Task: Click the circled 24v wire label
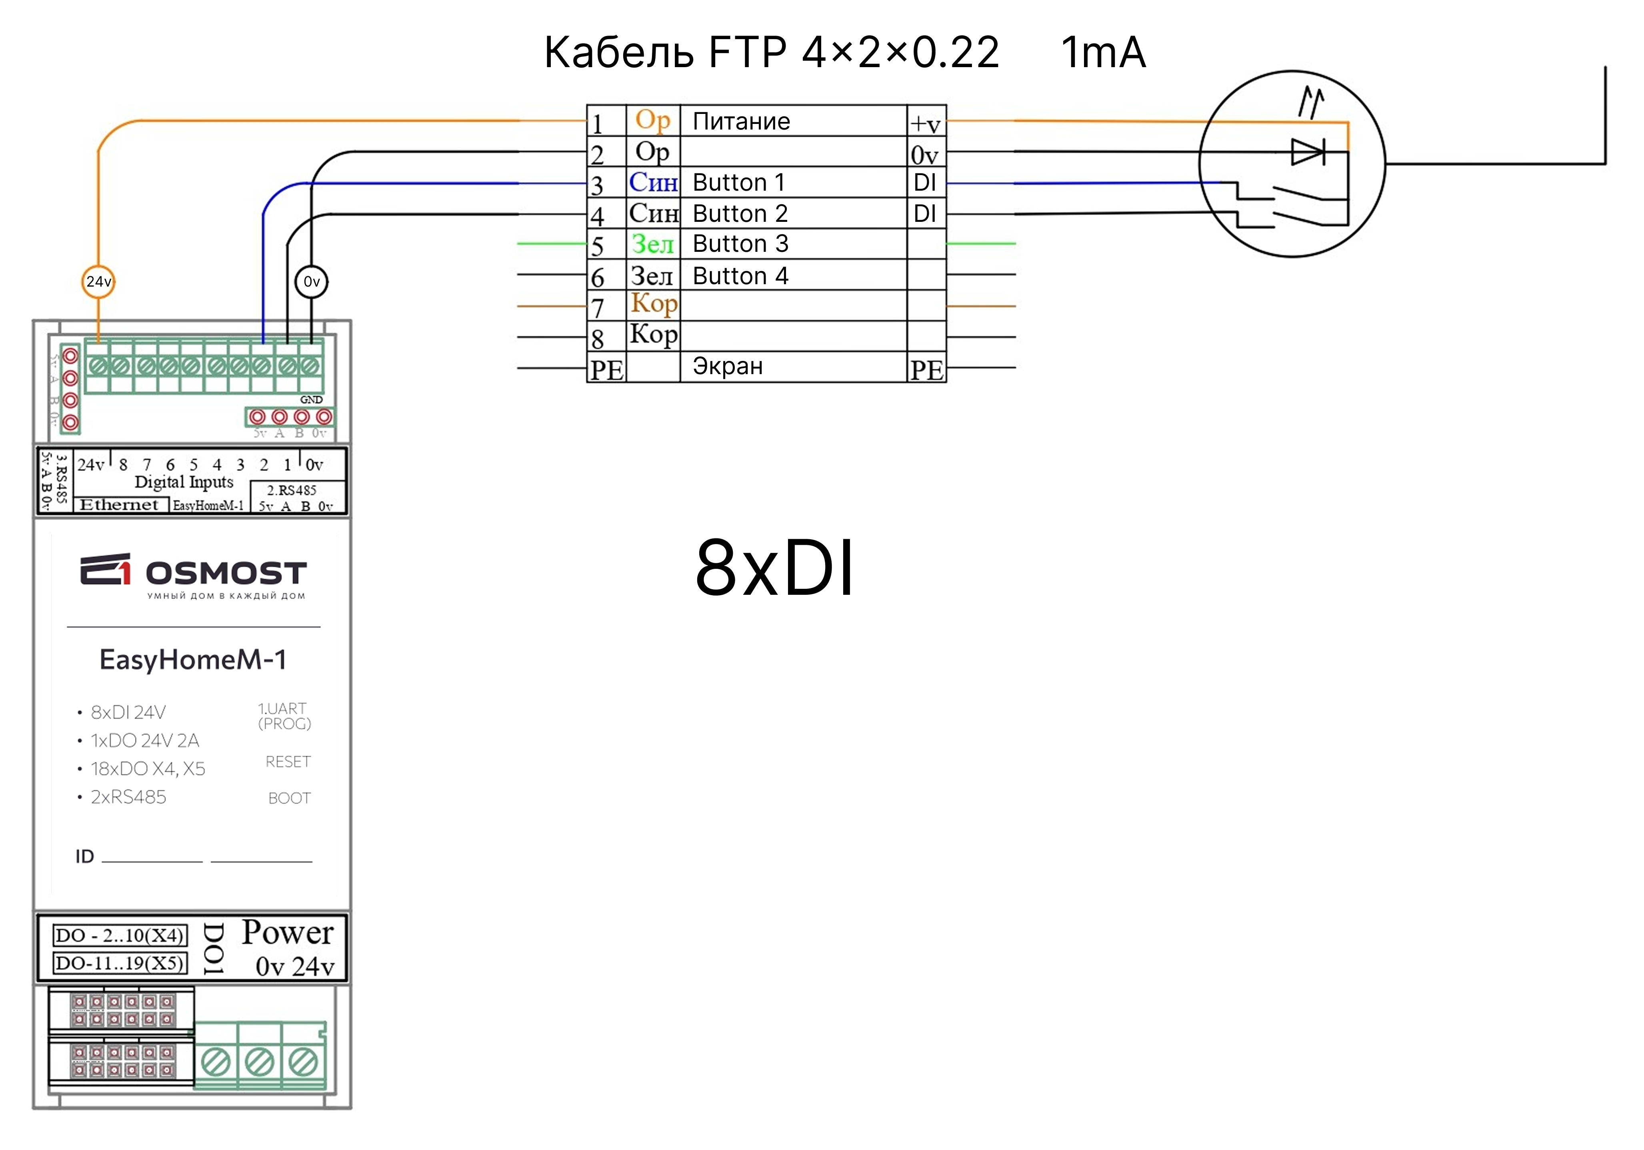click(98, 281)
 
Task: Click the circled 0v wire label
click(312, 281)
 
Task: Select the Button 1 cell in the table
click(738, 183)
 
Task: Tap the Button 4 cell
click(740, 275)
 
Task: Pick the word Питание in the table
click(741, 121)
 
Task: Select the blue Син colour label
click(653, 183)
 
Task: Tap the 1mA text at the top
click(1103, 52)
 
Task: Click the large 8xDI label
click(775, 568)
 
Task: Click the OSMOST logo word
click(226, 573)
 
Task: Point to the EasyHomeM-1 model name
click(193, 659)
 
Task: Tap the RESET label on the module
click(288, 761)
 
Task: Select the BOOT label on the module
click(289, 798)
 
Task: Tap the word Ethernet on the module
click(119, 504)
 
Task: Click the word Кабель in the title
click(619, 52)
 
